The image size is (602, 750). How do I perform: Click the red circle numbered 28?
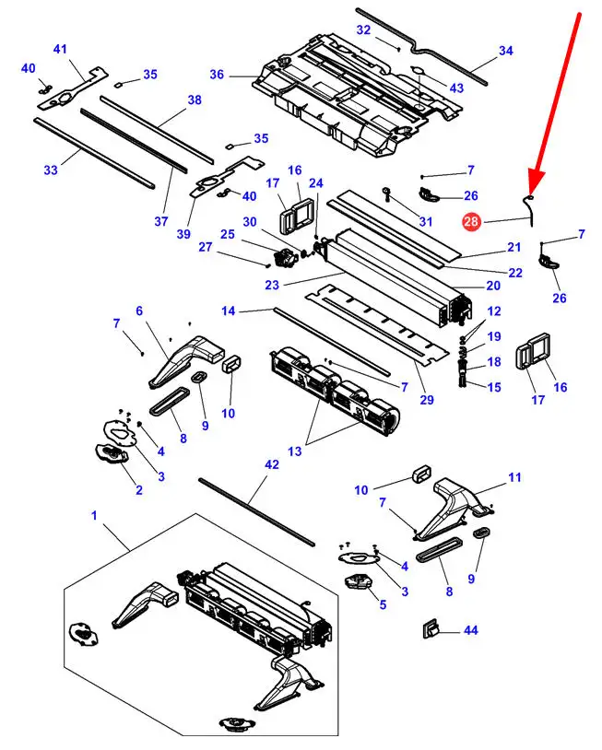(x=471, y=221)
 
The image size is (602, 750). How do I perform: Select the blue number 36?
(x=217, y=75)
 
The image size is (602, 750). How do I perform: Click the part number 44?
(x=471, y=630)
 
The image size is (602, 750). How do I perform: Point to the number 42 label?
(x=272, y=464)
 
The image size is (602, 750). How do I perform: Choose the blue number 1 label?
(x=94, y=515)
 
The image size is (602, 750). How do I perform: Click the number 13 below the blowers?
(x=295, y=451)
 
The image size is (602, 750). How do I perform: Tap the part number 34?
(x=506, y=51)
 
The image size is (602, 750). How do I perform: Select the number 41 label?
(x=60, y=49)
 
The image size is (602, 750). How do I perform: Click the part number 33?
(x=51, y=170)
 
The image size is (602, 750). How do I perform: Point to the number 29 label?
(x=427, y=399)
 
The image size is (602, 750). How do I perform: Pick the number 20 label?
(x=493, y=286)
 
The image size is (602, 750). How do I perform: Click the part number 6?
(x=139, y=311)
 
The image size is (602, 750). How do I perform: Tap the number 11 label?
(x=514, y=477)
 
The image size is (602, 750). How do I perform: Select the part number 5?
(x=383, y=604)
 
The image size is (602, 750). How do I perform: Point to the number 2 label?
(x=139, y=490)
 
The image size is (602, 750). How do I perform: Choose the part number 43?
(x=456, y=88)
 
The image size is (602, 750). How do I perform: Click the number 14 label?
(x=229, y=311)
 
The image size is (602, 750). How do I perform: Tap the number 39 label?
(x=183, y=234)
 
